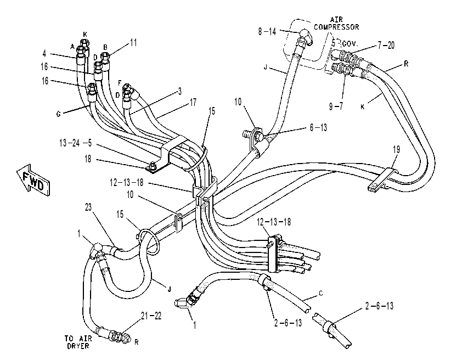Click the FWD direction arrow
(33, 180)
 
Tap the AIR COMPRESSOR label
(336, 23)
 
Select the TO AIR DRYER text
(78, 342)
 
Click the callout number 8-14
(267, 31)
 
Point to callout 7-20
(386, 46)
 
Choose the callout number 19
(396, 150)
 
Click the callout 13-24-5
(75, 143)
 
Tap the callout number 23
(88, 207)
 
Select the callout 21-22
(151, 316)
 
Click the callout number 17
(193, 103)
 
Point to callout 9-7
(336, 106)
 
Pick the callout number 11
(133, 43)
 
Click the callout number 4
(44, 53)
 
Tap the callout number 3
(180, 91)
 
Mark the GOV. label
(350, 44)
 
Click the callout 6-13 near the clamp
(318, 127)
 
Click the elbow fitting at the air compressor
(306, 37)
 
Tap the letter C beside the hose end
(320, 293)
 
